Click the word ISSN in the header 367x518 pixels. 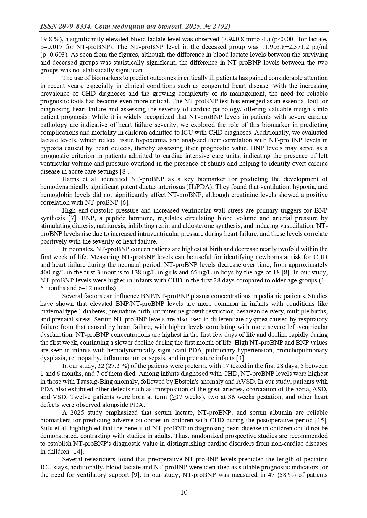48,27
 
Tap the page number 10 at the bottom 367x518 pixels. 184,492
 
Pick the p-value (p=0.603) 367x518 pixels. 53,55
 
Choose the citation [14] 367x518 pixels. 78,451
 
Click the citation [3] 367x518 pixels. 240,358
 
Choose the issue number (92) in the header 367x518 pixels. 224,27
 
